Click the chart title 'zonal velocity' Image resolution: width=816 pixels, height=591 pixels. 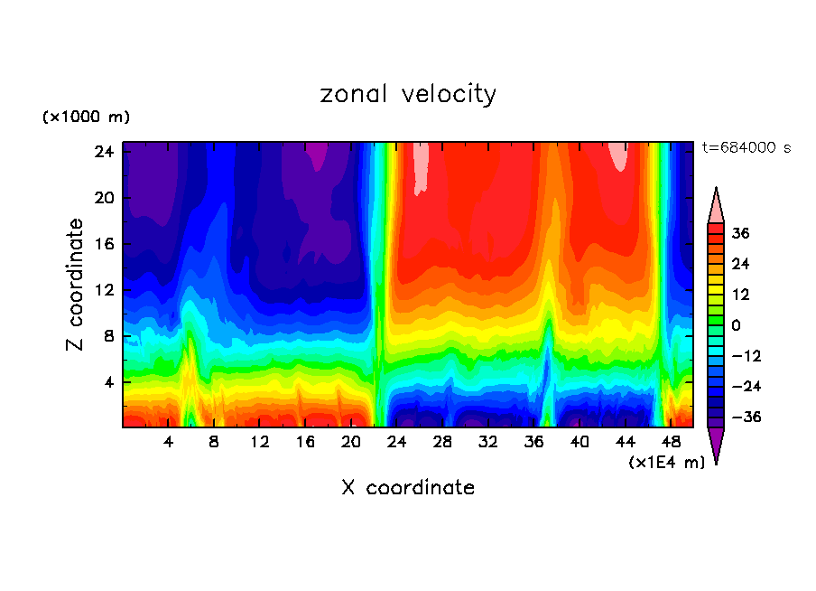pyautogui.click(x=408, y=94)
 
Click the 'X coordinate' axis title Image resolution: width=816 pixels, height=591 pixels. pyautogui.click(x=408, y=488)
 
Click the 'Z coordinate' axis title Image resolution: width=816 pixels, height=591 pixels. pyautogui.click(x=76, y=285)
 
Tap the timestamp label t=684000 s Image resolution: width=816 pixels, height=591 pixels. pyautogui.click(x=746, y=148)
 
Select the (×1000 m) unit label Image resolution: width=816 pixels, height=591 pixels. pyautogui.click(x=86, y=117)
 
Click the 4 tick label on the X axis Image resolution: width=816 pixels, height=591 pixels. pyautogui.click(x=169, y=443)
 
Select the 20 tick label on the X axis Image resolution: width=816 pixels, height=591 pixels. pyautogui.click(x=351, y=443)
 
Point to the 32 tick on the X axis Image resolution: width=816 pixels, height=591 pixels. pyautogui.click(x=488, y=443)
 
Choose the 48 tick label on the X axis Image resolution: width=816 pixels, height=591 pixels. pyautogui.click(x=671, y=443)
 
